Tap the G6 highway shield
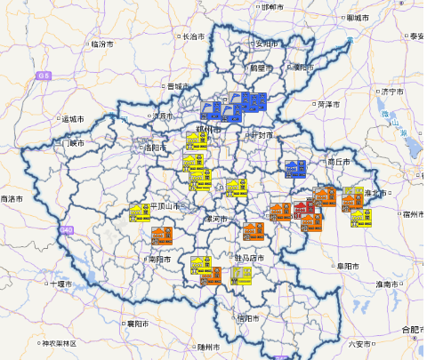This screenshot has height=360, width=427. [x=43, y=77]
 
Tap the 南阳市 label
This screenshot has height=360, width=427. [x=157, y=260]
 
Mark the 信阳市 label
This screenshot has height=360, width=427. [x=248, y=317]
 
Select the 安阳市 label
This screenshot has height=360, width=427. [x=266, y=43]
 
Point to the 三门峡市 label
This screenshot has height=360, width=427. [x=70, y=143]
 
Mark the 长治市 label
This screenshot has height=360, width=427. [x=193, y=37]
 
